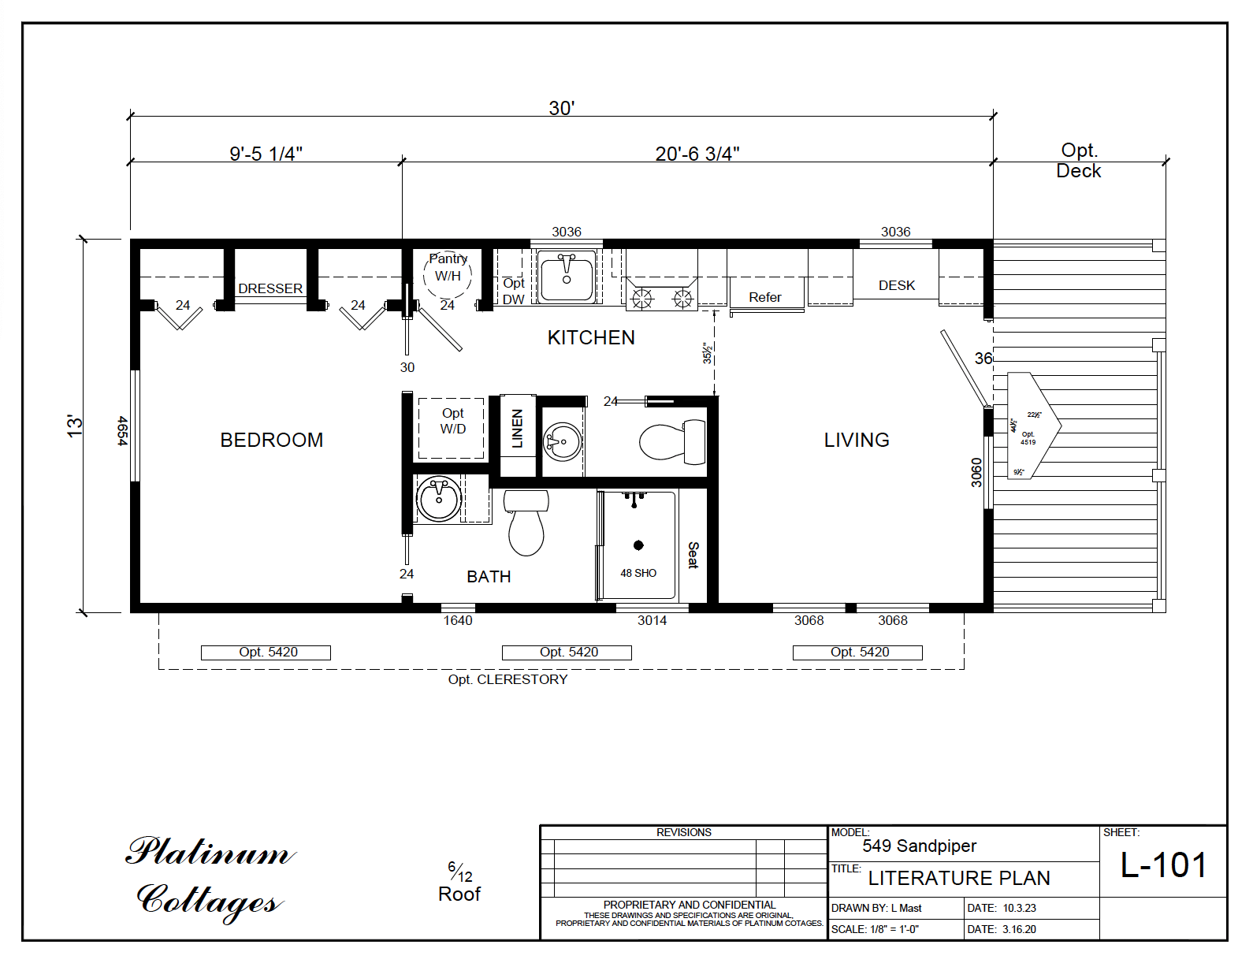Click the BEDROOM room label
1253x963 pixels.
click(271, 440)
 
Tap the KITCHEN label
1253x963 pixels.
click(591, 337)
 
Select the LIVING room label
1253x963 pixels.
click(857, 440)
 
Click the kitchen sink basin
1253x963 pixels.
click(567, 277)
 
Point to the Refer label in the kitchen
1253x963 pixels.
click(764, 297)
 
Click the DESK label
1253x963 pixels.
click(897, 285)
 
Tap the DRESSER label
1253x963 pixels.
click(270, 288)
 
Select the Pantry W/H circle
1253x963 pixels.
click(448, 274)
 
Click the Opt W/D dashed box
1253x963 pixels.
click(452, 428)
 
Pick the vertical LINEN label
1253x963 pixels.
click(517, 429)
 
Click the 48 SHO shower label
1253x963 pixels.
click(638, 573)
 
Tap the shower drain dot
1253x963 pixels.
click(638, 545)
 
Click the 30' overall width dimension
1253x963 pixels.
click(561, 108)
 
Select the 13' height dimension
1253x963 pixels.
click(74, 426)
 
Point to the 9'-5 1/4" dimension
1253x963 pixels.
click(266, 154)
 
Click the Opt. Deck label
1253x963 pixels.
click(1078, 161)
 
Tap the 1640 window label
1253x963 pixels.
click(458, 620)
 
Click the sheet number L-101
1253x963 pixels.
click(1163, 865)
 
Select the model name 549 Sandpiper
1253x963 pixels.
click(919, 846)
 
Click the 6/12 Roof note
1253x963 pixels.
click(459, 883)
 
